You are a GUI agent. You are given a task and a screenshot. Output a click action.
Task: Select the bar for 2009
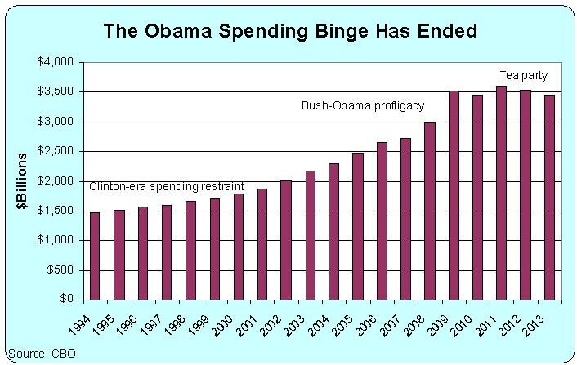[x=454, y=195]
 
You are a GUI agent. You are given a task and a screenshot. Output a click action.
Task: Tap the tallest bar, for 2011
[x=502, y=193]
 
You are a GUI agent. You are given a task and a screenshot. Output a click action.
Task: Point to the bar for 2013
[x=549, y=197]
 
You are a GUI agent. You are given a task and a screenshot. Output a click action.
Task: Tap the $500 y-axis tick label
[x=62, y=270]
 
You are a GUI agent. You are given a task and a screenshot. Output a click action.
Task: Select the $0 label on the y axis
[x=69, y=300]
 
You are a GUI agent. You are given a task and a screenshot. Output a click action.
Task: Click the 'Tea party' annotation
[x=523, y=76]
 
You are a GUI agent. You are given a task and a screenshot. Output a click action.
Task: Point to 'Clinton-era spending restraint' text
[x=167, y=185]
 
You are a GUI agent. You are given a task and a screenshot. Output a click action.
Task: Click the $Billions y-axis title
[x=24, y=181]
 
